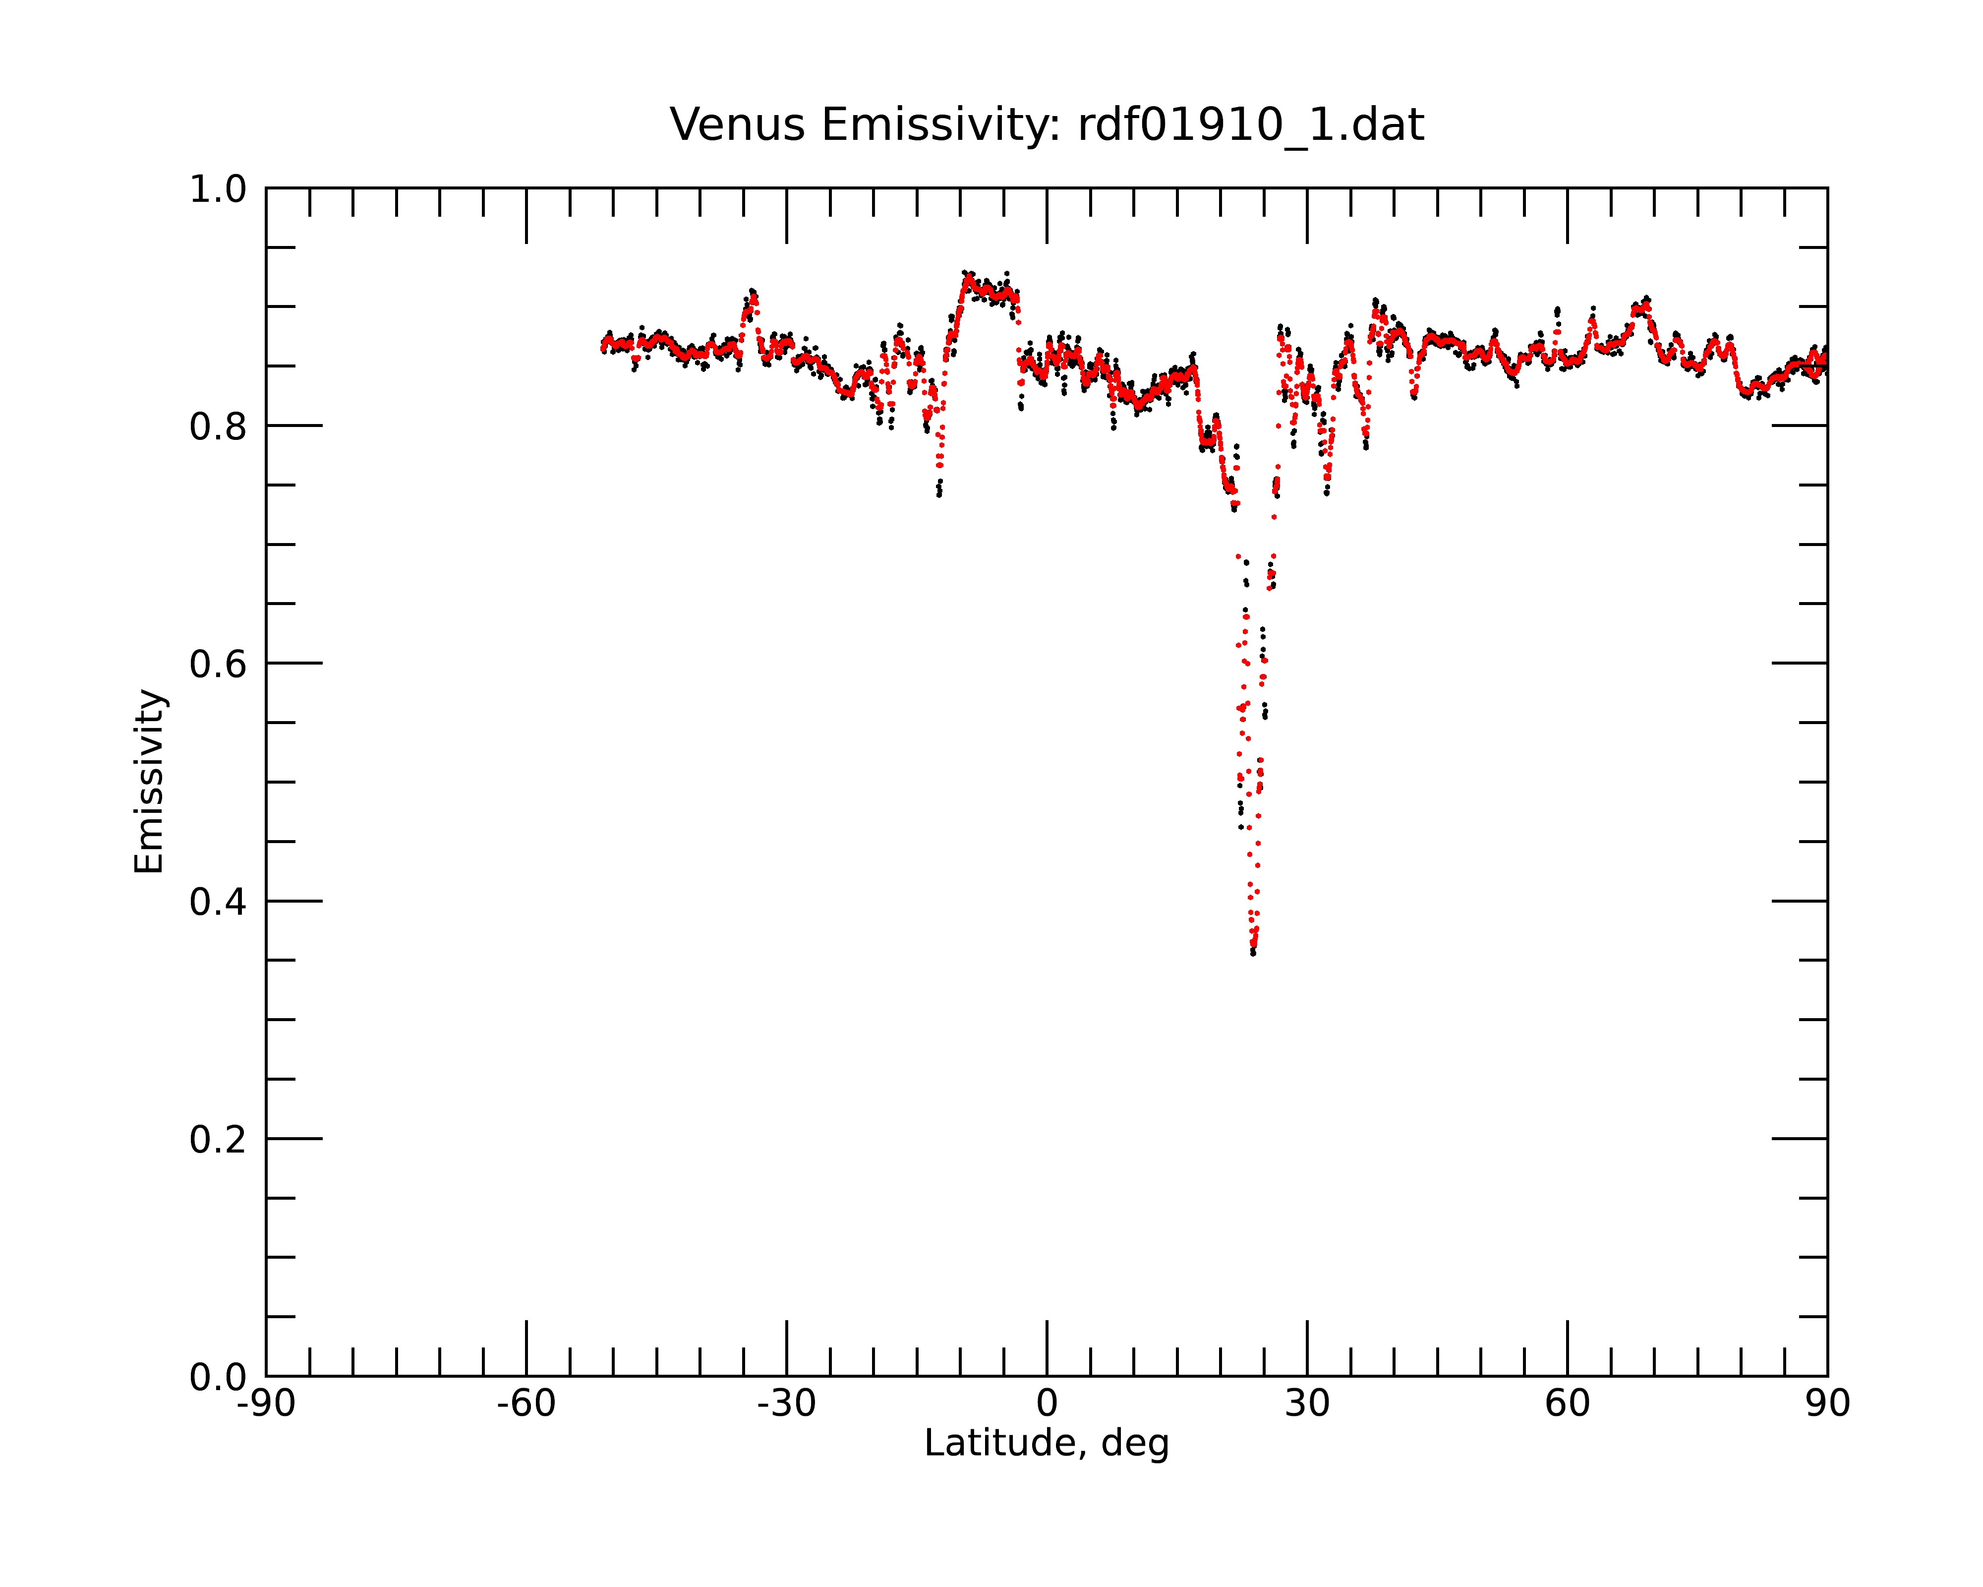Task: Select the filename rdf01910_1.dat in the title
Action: click(1251, 126)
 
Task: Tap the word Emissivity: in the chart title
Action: click(941, 126)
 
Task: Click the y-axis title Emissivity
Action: click(149, 781)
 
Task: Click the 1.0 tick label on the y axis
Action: click(218, 189)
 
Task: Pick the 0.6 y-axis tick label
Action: click(218, 664)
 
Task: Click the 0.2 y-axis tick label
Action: click(218, 1140)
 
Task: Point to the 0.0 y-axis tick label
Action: click(218, 1377)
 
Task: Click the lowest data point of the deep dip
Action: click(1253, 953)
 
